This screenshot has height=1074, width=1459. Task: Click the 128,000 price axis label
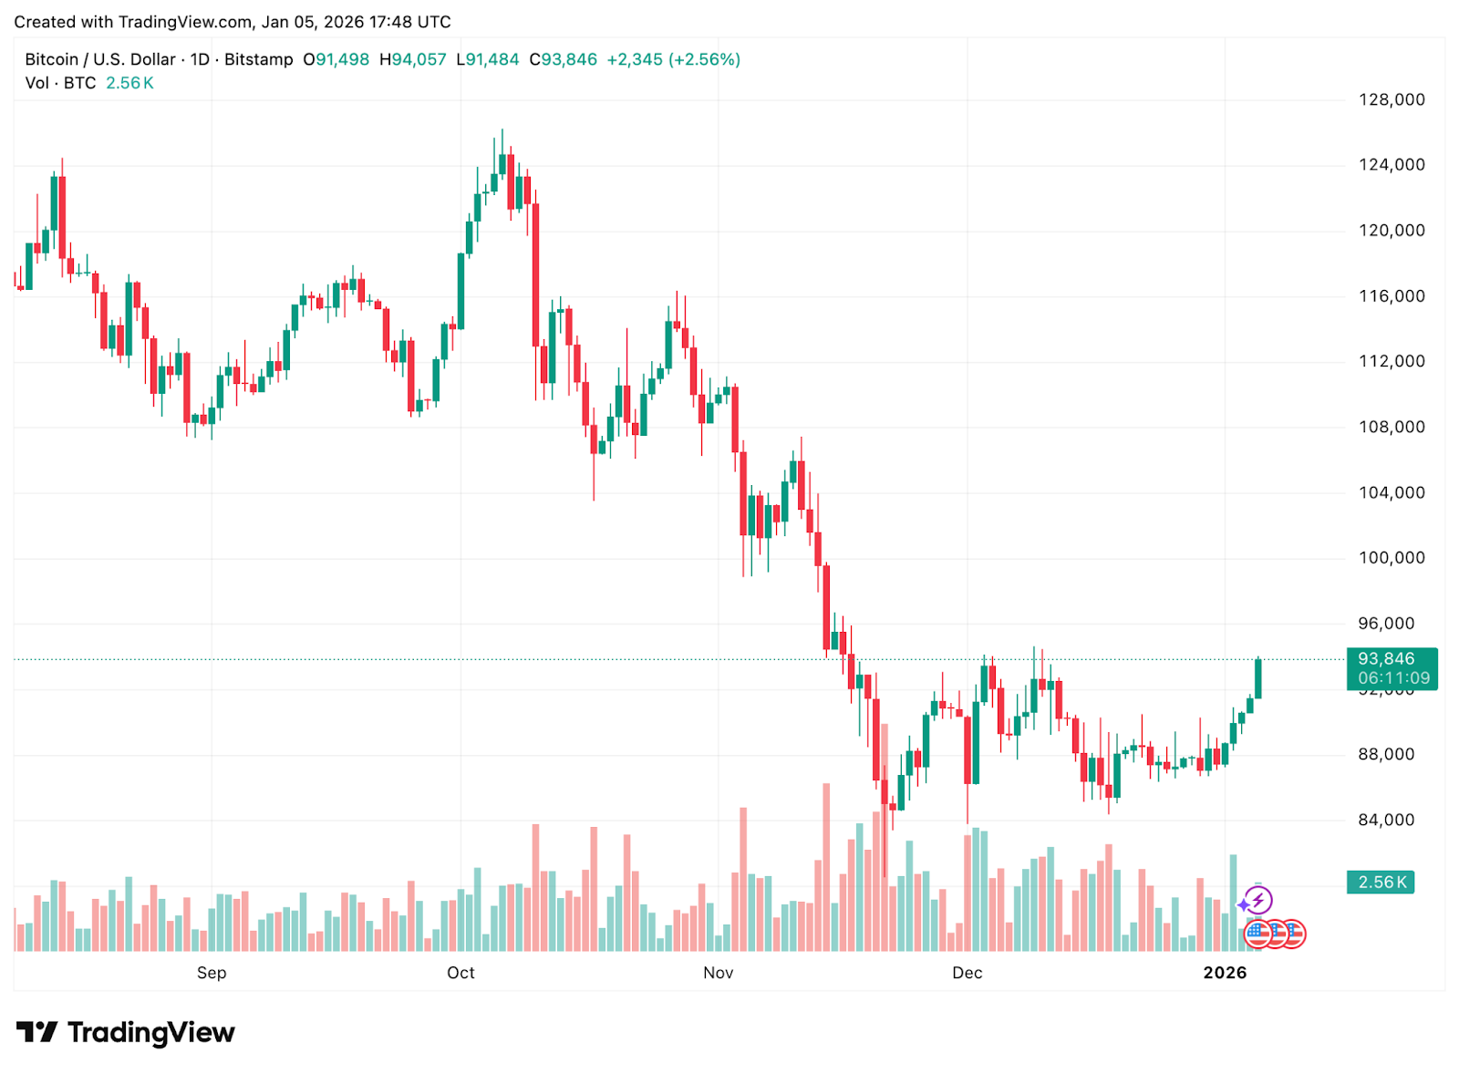pyautogui.click(x=1392, y=99)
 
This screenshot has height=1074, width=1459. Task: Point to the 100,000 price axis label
pyautogui.click(x=1392, y=558)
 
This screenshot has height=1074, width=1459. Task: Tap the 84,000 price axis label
pyautogui.click(x=1386, y=820)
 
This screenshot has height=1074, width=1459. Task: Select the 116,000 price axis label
pyautogui.click(x=1392, y=295)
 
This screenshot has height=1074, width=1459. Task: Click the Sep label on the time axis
pyautogui.click(x=212, y=973)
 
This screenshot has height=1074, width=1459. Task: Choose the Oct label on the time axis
pyautogui.click(x=460, y=973)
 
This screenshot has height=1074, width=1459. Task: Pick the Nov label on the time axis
pyautogui.click(x=718, y=973)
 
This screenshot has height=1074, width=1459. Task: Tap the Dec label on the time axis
pyautogui.click(x=967, y=973)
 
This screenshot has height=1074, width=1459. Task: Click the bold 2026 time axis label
pyautogui.click(x=1225, y=973)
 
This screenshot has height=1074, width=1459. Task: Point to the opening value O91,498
pyautogui.click(x=336, y=59)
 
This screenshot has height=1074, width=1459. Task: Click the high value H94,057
pyautogui.click(x=413, y=59)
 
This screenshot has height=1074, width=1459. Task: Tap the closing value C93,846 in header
pyautogui.click(x=564, y=59)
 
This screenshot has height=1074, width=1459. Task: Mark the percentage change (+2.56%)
pyautogui.click(x=704, y=59)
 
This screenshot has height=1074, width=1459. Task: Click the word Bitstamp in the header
pyautogui.click(x=259, y=59)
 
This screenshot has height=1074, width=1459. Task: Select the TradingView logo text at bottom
pyautogui.click(x=150, y=1032)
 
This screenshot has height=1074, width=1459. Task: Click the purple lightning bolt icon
pyautogui.click(x=1258, y=901)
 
